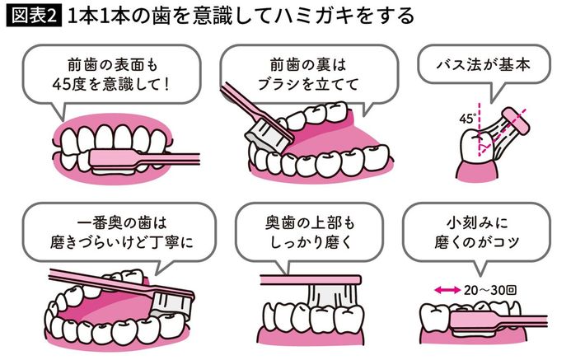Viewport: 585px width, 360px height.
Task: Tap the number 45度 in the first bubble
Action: coord(79,83)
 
